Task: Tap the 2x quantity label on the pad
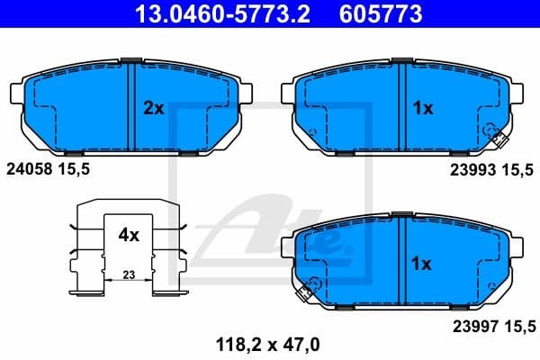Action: click(x=154, y=108)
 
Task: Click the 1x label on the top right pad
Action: click(x=423, y=108)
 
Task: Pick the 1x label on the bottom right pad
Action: click(x=423, y=264)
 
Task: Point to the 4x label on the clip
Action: click(x=129, y=236)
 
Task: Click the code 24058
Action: click(x=30, y=168)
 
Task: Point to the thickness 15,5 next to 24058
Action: click(x=76, y=168)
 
